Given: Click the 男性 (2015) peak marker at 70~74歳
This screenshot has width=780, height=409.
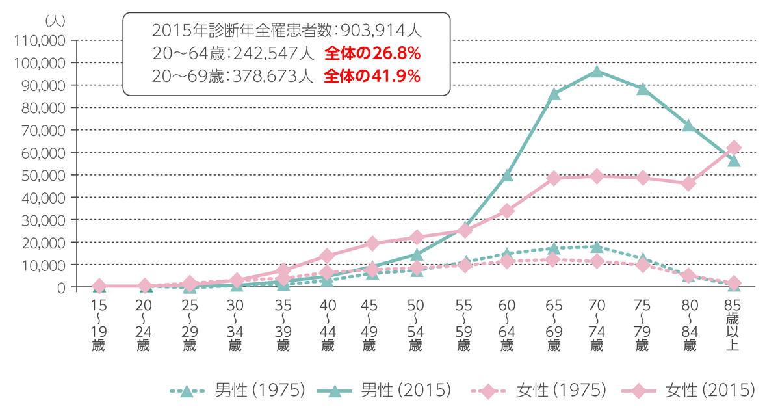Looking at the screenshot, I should [x=597, y=72].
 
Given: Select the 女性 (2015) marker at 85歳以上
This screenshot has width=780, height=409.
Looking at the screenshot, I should [x=734, y=148].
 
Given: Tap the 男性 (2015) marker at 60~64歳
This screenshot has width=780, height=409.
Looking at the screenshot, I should [x=507, y=176].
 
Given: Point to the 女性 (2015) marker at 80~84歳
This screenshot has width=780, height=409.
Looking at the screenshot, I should [x=689, y=183].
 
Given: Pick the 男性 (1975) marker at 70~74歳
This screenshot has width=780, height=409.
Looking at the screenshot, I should [x=597, y=247].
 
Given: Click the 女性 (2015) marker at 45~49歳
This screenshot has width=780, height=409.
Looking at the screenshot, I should [x=372, y=243].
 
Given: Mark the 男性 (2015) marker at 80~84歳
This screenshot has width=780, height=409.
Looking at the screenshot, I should [x=689, y=125].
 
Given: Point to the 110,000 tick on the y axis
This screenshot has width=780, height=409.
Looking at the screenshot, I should [x=39, y=40].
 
